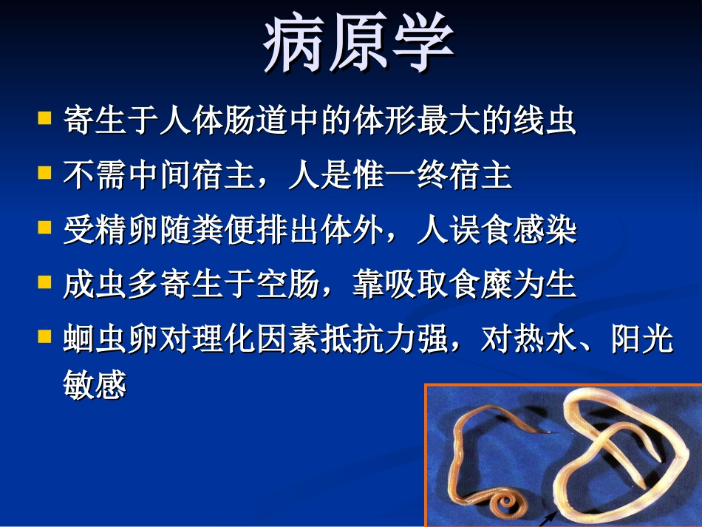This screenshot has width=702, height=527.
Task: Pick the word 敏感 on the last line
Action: pyautogui.click(x=95, y=386)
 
